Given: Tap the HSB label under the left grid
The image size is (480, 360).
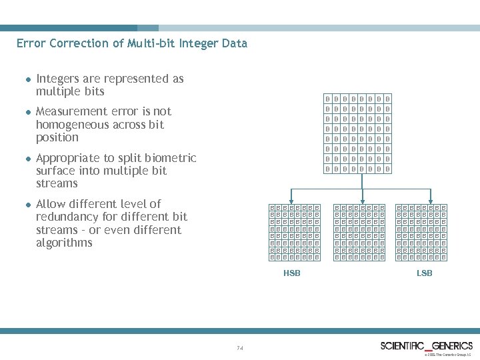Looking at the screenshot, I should tap(292, 273).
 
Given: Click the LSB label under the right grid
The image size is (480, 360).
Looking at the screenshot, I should tap(424, 273).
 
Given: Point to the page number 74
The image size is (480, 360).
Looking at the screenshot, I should tap(240, 348).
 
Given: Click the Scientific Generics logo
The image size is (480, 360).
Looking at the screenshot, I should tap(427, 345).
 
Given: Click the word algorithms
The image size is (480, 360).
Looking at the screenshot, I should tap(64, 243).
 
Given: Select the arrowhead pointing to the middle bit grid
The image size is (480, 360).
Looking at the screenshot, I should tap(361, 201).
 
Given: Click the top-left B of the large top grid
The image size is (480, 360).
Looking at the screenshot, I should tap(327, 98).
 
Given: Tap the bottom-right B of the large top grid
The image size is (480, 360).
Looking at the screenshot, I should tap(388, 169).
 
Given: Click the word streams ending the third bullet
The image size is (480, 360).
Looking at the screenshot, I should tap(57, 184).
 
